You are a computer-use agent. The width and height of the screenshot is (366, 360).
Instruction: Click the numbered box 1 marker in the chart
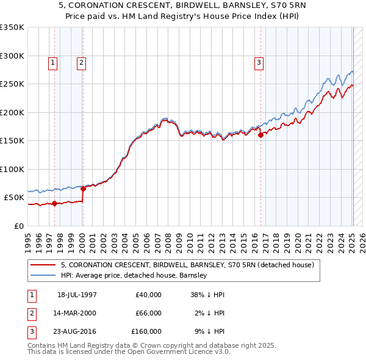[x=52, y=62]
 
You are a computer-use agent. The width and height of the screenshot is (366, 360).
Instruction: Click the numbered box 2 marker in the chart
[x=81, y=62]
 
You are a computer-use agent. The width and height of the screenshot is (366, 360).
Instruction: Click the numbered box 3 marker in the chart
[x=259, y=62]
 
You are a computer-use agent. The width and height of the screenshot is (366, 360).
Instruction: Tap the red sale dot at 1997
[x=55, y=203]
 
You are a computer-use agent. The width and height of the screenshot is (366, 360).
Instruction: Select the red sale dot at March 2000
[x=84, y=189]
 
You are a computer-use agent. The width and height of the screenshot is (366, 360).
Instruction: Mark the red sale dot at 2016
[x=261, y=135]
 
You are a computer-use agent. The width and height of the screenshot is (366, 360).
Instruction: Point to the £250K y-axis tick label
[x=12, y=84]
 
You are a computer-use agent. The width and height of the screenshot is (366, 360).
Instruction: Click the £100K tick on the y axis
[x=12, y=169]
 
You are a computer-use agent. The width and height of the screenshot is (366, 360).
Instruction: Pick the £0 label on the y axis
[x=18, y=226]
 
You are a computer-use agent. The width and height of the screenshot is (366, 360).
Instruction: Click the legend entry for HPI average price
[x=134, y=276]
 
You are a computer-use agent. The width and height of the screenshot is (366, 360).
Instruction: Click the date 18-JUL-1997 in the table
[x=77, y=295]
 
